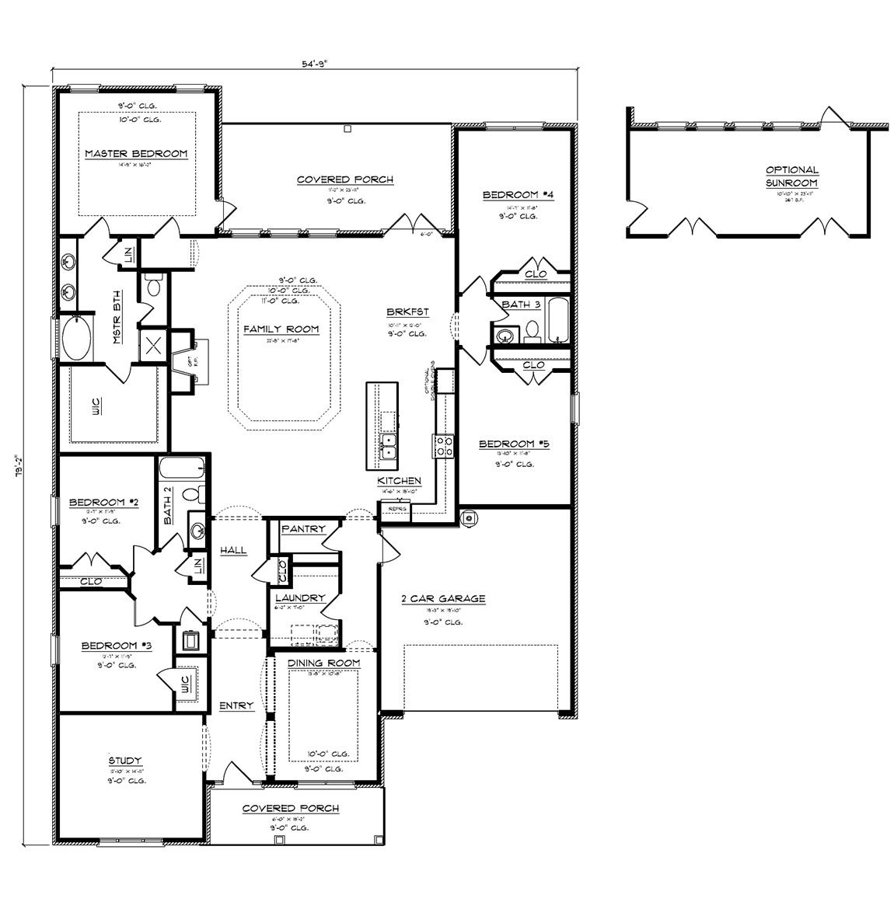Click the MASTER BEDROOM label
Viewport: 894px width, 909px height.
point(136,154)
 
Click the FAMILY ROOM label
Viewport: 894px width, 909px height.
point(281,329)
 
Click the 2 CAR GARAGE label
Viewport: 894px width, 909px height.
point(443,598)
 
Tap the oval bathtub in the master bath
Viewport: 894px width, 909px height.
point(75,337)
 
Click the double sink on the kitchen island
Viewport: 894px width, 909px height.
point(387,448)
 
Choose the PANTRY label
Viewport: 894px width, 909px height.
point(303,529)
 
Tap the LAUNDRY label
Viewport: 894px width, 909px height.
point(299,598)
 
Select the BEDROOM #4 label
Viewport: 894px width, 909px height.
point(512,194)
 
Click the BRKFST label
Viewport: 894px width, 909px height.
point(407,312)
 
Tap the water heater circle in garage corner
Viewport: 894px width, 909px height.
point(468,518)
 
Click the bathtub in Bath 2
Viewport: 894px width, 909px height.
point(182,468)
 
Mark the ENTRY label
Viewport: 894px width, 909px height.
point(236,705)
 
